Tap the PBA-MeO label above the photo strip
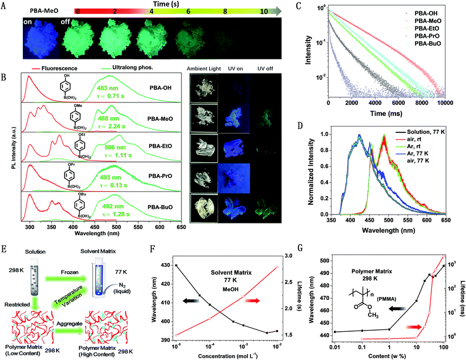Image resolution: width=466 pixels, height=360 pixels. pos(28,10)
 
